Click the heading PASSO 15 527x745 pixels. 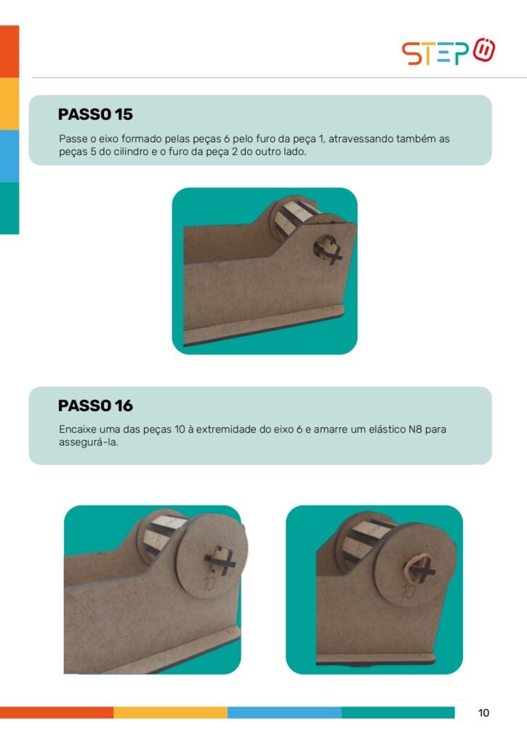point(95,114)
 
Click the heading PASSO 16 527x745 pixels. point(95,406)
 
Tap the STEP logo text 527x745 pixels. point(435,53)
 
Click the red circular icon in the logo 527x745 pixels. point(484,50)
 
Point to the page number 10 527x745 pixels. point(483,713)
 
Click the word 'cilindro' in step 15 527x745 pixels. point(131,152)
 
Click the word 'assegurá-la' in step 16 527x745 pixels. point(88,443)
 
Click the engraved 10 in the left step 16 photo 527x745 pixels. point(209,583)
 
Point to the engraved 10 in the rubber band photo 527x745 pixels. point(409,591)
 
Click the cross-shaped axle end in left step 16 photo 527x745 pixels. point(220,561)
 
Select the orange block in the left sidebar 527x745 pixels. point(9,52)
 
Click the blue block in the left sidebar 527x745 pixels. point(9,156)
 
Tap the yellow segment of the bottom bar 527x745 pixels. point(170,712)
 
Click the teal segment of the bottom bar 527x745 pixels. point(398,712)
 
